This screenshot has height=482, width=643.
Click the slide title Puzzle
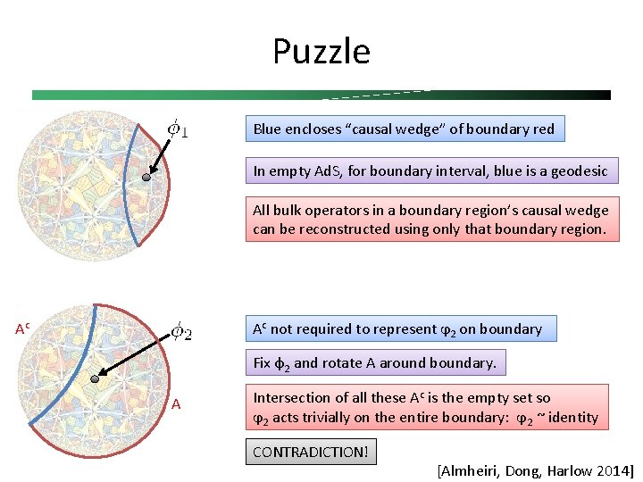point(321,52)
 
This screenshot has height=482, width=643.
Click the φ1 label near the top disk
point(178,130)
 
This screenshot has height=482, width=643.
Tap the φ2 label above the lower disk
point(180,331)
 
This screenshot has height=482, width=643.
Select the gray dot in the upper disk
point(147,178)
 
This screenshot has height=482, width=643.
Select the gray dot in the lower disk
point(96,379)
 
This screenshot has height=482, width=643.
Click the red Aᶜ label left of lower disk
point(23,328)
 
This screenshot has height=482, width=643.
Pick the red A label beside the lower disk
point(176,404)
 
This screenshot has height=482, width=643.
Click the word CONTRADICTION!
point(310,452)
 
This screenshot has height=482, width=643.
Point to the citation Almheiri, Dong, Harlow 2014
point(535,470)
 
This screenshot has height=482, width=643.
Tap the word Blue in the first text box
point(267,129)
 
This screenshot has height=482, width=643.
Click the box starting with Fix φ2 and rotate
point(374,362)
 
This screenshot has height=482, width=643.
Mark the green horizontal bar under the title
point(321,95)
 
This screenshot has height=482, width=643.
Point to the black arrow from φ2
point(134,357)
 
